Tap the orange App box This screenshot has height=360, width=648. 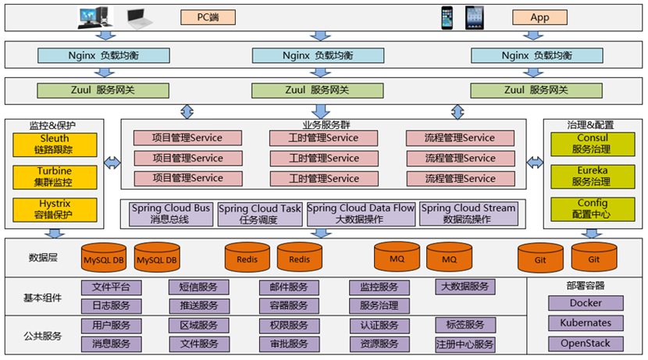[539, 17]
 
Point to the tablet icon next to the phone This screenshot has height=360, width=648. [475, 17]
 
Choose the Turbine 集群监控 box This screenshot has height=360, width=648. [54, 176]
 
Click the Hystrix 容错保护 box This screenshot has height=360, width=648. [54, 209]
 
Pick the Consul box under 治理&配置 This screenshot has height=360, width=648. [591, 144]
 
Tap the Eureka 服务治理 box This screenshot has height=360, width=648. [591, 176]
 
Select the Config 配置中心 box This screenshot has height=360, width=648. [591, 209]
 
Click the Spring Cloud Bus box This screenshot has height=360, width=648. [170, 214]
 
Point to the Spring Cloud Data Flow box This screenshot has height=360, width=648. [360, 214]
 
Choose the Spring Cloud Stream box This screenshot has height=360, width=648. [468, 214]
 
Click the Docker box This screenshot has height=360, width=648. [586, 303]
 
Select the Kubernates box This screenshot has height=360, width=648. [586, 323]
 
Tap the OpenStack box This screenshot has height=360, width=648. [586, 344]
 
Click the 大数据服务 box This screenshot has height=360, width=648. [465, 287]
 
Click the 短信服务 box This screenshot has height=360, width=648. [199, 287]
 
